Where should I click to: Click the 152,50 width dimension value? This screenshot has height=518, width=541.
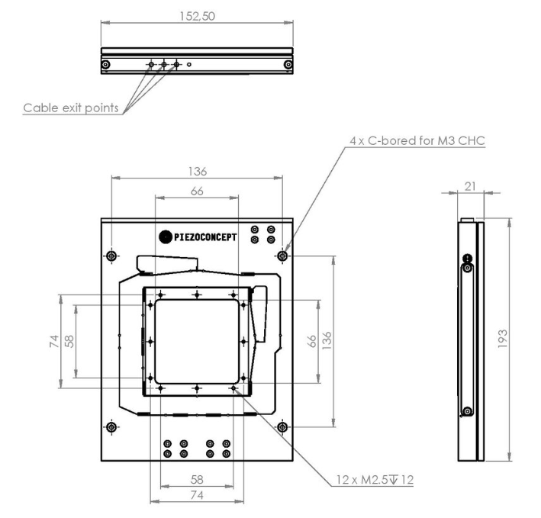198,16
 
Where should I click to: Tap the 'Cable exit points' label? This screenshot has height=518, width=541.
71,108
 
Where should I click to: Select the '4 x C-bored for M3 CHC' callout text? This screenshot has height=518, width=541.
417,140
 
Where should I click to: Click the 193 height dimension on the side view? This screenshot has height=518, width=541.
503,339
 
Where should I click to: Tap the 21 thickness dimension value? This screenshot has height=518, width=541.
470,187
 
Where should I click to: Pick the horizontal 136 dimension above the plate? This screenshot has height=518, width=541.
198,172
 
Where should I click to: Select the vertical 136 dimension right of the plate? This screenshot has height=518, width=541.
327,340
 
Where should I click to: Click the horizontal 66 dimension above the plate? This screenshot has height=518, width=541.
197,191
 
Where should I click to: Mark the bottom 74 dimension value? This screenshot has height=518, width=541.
197,495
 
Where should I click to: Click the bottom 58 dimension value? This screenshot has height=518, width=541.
197,480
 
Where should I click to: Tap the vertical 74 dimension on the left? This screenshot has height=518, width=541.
54,342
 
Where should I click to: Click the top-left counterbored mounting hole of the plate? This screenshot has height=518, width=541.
111,256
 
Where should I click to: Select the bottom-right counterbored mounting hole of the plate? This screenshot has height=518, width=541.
282,427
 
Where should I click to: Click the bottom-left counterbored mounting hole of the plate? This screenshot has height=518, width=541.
111,427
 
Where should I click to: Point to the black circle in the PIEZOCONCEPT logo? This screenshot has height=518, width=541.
166,237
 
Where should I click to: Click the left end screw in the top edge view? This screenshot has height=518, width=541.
106,65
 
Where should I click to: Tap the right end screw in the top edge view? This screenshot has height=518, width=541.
288,65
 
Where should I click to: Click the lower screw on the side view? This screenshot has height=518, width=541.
468,411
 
